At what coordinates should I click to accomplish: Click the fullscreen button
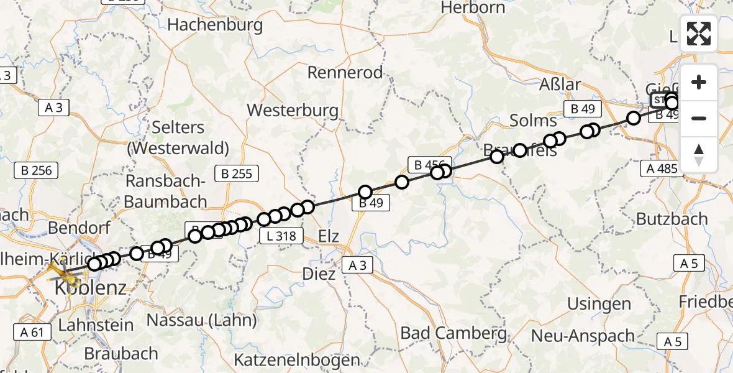point(699,34)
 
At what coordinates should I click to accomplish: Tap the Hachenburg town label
point(215,25)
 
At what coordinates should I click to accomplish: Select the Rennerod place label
point(345,73)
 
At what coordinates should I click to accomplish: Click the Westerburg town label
point(293,111)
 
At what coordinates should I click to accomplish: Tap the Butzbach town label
point(672,219)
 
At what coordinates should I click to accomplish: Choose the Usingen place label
point(599,304)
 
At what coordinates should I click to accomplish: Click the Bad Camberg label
point(453,333)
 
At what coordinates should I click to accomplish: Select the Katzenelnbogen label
point(297,359)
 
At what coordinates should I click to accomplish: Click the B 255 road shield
point(233,173)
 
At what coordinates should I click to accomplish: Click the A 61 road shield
point(29,331)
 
